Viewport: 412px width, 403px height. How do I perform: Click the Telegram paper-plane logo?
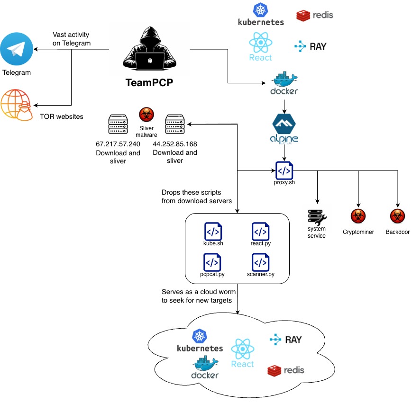17,49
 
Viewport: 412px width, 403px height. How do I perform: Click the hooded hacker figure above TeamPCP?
149,49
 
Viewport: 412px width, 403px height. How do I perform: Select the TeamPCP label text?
149,82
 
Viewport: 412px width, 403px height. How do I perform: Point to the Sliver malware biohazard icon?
146,115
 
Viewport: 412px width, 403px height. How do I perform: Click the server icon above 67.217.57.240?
118,125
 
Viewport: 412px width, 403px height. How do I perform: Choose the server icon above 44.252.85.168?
175,125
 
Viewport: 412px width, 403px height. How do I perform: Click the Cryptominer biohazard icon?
358,216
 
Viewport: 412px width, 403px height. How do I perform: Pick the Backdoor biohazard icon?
397,216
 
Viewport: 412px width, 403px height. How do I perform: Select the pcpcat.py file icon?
213,262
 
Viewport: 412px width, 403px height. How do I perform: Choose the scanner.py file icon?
260,262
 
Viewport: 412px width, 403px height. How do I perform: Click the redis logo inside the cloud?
285,370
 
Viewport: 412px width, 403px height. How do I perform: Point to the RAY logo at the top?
310,46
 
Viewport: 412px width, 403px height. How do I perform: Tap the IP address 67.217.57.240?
118,143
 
